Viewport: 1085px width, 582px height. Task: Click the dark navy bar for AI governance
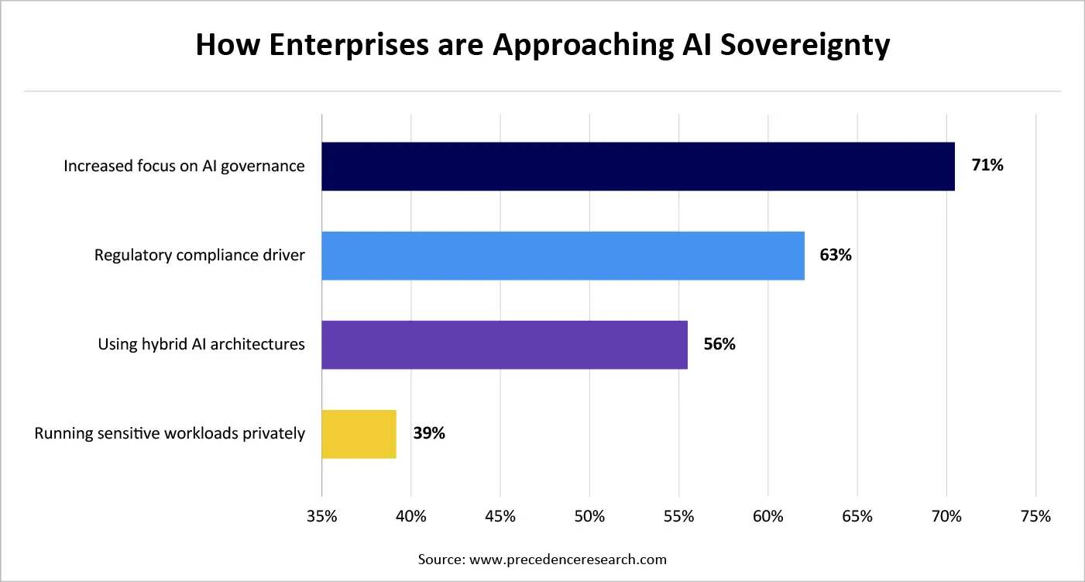click(637, 167)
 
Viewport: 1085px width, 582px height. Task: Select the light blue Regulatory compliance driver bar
click(563, 256)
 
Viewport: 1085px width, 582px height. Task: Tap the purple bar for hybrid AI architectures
click(504, 345)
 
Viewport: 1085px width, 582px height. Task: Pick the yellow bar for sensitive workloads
click(359, 434)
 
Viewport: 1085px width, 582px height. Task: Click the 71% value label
click(987, 165)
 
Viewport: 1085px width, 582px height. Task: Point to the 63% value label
click(836, 255)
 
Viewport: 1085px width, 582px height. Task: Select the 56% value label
click(719, 344)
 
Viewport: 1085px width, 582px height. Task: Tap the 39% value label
click(428, 433)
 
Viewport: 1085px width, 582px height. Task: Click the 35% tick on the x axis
click(321, 517)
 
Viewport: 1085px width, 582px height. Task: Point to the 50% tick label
click(589, 517)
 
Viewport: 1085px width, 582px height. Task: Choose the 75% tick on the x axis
click(1035, 517)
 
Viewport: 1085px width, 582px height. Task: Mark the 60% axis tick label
click(767, 517)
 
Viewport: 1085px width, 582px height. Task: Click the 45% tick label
click(500, 517)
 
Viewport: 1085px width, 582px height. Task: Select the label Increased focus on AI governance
click(184, 167)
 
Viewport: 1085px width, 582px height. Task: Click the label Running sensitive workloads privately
click(170, 434)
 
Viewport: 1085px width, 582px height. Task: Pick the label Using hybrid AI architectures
click(201, 345)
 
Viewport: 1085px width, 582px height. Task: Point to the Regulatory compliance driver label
click(200, 256)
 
